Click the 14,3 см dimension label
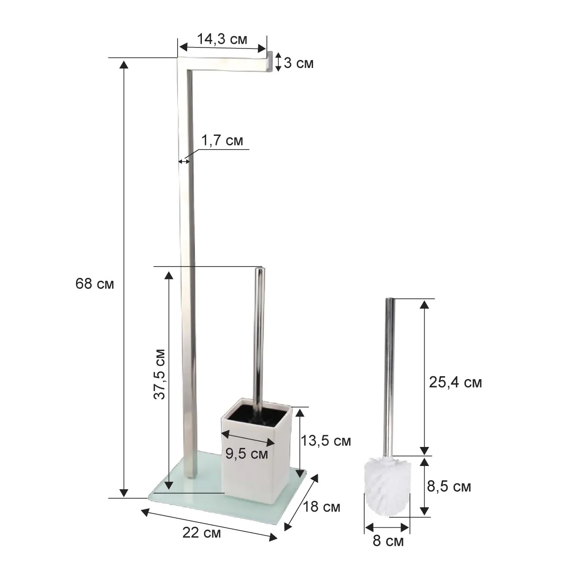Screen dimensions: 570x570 pos(222,39)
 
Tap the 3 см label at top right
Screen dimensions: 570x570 pos(298,63)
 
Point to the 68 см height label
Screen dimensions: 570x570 pos(95,284)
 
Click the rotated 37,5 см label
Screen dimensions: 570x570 pos(160,374)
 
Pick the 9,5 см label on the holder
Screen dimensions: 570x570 pos(247,461)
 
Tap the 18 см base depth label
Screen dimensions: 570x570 pos(322,507)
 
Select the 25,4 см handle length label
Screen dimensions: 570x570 pos(455,382)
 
